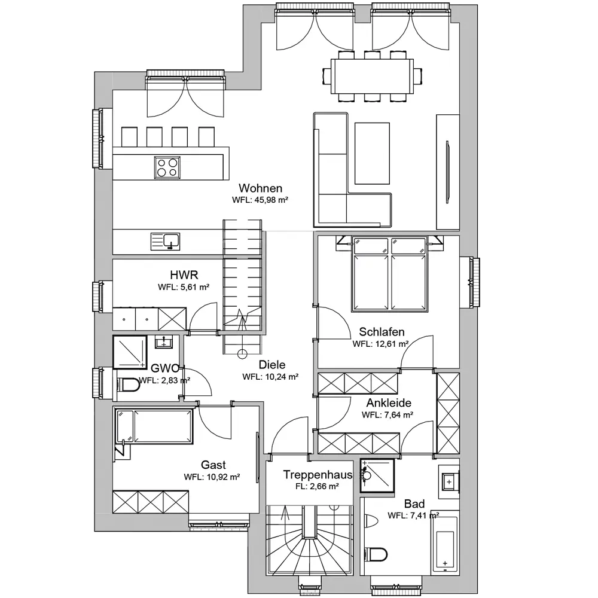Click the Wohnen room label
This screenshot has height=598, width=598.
click(x=261, y=188)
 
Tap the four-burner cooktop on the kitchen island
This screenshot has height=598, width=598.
click(x=167, y=167)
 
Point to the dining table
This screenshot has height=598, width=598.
click(x=372, y=76)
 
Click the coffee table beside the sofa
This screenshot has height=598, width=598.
click(x=372, y=153)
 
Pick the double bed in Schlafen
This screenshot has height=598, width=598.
click(x=389, y=274)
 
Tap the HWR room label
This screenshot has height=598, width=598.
click(x=184, y=275)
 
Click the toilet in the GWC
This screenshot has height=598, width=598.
click(x=129, y=385)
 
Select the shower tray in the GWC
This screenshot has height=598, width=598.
click(x=130, y=352)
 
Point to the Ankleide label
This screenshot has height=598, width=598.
click(x=389, y=402)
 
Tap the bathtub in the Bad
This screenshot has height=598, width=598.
click(x=445, y=542)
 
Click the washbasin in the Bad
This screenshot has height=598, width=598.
click(x=449, y=481)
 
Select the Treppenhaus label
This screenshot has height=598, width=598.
click(x=318, y=475)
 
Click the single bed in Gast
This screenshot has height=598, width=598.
click(x=154, y=426)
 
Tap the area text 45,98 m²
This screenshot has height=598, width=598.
click(x=271, y=200)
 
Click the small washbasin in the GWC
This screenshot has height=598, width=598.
click(x=164, y=341)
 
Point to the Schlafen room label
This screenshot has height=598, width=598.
click(x=382, y=332)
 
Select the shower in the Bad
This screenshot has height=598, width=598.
click(x=377, y=475)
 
